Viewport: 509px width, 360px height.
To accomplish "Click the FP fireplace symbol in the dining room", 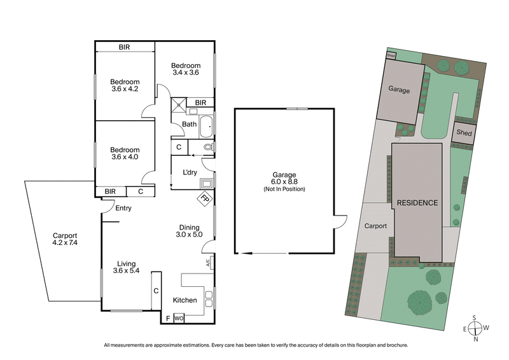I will (205, 198).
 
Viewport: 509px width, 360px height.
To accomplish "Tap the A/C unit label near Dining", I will (208, 262).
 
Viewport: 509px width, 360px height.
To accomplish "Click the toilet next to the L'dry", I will (206, 147).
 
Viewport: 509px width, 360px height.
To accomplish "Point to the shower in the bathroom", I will (178, 104).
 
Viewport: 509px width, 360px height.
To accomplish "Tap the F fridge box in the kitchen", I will (167, 318).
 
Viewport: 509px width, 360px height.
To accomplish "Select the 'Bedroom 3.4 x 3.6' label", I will (186, 69).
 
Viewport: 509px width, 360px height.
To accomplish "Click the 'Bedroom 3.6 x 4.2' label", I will (124, 85).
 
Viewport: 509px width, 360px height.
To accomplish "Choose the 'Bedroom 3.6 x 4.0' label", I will (124, 153).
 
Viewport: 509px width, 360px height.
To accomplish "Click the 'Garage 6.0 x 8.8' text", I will (284, 182).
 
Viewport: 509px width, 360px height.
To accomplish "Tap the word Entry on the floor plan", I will (123, 208).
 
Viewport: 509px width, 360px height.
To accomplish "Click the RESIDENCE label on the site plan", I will (417, 203).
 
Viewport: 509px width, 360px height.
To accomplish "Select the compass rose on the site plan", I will (474, 328).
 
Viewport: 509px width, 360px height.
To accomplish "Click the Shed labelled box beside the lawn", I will (463, 133).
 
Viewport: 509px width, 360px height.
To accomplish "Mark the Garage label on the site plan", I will (399, 90).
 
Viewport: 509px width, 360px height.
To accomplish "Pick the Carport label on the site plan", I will (375, 225).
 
